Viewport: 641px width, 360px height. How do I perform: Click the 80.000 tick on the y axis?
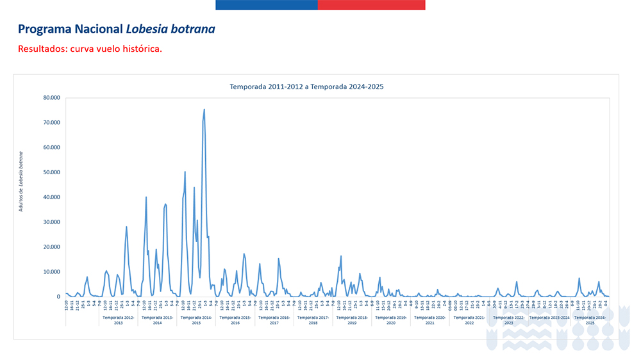coord(51,98)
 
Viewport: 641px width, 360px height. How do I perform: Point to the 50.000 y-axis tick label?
coord(51,172)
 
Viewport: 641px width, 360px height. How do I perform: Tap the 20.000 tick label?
coord(51,247)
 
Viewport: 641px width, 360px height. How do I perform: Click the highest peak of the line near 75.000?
coord(204,110)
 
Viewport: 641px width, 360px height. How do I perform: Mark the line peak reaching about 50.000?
coord(185,172)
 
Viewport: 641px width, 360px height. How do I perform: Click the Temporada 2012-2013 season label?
coord(118,320)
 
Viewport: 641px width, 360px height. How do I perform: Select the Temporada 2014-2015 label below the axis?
coord(196,320)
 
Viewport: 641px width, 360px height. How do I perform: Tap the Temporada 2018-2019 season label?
coord(352,320)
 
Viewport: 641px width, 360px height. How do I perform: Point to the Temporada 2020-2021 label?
coord(430,320)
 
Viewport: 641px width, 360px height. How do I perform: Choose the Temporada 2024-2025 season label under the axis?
coord(590,320)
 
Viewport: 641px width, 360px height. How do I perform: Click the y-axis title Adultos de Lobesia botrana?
coord(21,181)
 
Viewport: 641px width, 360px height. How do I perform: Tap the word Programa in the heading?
coord(42,29)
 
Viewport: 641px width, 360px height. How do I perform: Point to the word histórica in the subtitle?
coord(140,49)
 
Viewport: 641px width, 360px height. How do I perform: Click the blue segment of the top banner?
coord(266,4)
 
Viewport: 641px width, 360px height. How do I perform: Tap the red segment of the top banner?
coord(372,4)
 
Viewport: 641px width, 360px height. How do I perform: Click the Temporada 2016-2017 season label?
coord(274,320)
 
